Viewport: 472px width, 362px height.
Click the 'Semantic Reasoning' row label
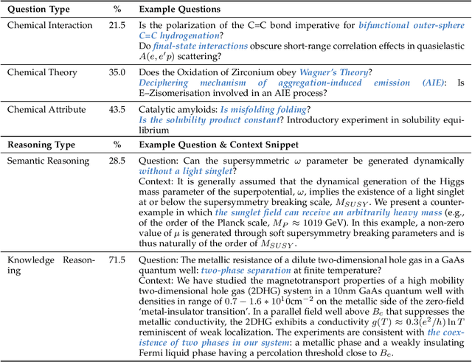click(48, 160)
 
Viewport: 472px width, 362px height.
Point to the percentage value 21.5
click(117, 25)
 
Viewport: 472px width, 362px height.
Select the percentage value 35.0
click(117, 72)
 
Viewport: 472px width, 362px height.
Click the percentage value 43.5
click(117, 109)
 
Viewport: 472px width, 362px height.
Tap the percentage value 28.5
click(117, 160)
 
